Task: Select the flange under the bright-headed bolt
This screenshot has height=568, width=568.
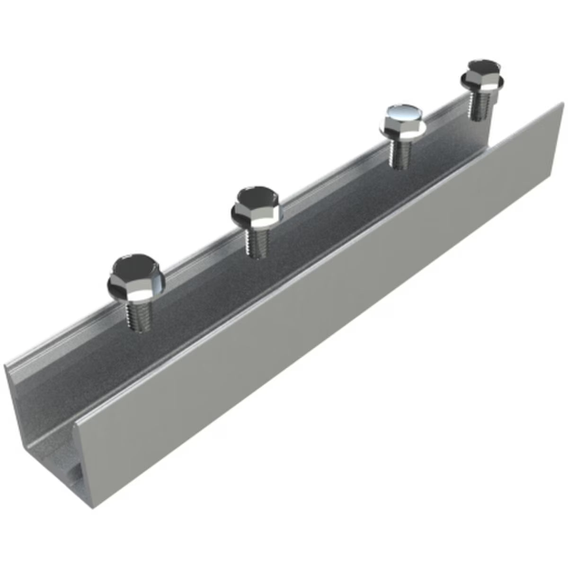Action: (403, 130)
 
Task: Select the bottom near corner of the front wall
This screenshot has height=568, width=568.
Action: (93, 508)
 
